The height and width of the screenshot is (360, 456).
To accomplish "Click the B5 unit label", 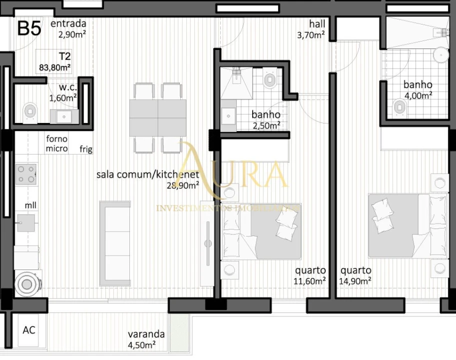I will (29, 28).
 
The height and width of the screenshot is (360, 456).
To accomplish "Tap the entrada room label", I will (68, 23).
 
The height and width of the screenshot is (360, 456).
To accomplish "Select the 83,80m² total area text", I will (54, 66).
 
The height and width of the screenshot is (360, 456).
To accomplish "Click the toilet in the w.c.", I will (30, 110).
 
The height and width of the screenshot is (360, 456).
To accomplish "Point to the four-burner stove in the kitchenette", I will (26, 174).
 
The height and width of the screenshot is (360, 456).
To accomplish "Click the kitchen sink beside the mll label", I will (25, 222).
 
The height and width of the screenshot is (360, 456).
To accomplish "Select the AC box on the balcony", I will (29, 330).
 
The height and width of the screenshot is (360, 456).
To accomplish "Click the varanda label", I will (146, 334).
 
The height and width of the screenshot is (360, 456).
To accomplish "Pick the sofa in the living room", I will (115, 243).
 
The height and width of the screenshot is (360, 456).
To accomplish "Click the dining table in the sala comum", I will (158, 117).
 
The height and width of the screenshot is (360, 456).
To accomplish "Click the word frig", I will (86, 149).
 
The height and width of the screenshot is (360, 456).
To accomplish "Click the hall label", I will (317, 24).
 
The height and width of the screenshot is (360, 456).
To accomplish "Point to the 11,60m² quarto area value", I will (310, 281).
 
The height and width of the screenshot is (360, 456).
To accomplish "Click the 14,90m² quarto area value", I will (355, 281).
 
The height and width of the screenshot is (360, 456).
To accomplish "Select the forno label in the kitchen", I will (56, 139).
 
